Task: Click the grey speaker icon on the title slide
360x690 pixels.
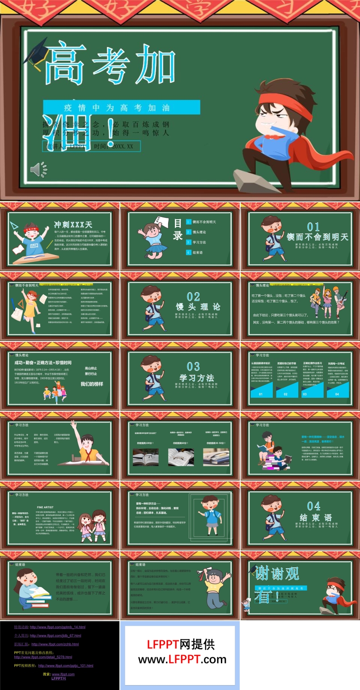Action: pos(38,170)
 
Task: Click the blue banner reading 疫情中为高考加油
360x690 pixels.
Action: pos(121,107)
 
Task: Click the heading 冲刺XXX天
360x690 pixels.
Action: pos(73,225)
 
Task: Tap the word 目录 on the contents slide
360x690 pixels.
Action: pos(178,229)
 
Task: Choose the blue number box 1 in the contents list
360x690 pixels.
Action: pos(189,222)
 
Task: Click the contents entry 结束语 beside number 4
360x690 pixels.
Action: pos(198,252)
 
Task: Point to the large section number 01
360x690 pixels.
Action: pos(313,227)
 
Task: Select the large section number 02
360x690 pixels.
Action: pos(193,297)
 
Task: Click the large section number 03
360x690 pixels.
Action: pos(193,366)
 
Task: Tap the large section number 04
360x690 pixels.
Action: pos(313,506)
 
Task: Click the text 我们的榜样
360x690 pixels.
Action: pos(91,384)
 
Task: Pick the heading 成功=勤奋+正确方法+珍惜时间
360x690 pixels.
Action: pos(43,363)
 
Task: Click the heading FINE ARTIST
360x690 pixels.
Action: pos(46,507)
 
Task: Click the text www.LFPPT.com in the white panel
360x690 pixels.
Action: pos(182,659)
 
